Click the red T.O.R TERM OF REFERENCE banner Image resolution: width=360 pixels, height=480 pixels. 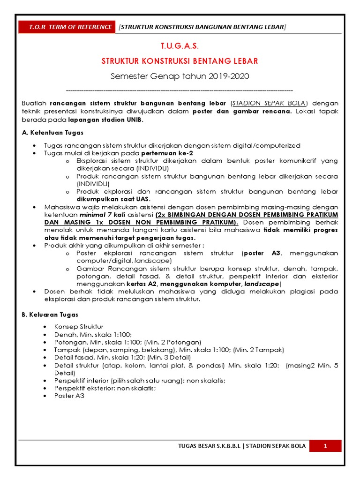pos(67,27)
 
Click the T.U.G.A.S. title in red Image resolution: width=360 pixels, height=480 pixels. pos(180,46)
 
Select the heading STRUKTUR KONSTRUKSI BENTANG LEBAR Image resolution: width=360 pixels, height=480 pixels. pos(180,61)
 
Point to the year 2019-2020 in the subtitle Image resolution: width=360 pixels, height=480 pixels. pos(229,76)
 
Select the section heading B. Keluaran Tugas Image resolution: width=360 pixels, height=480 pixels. pos(50,315)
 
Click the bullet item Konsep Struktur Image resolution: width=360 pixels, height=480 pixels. pos(79,326)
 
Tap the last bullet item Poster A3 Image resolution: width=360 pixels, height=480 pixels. pos(69,396)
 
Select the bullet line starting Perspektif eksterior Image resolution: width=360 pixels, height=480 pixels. pos(105,389)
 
